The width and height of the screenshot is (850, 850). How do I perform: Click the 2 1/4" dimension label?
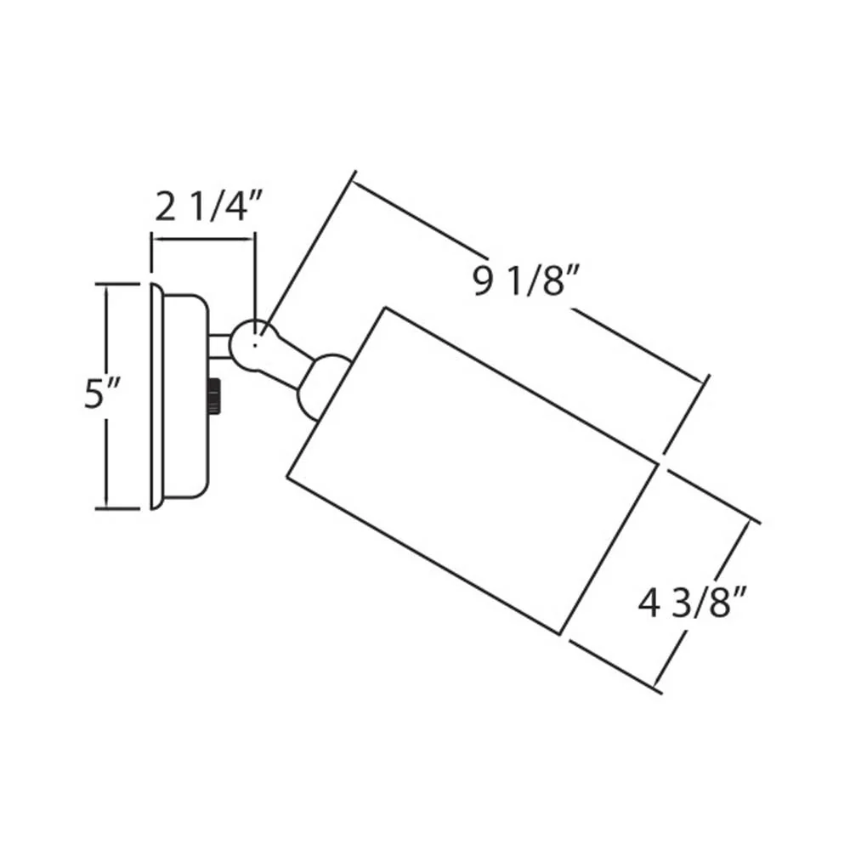coord(208,206)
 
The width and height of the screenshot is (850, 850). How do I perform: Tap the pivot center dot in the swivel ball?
coord(255,344)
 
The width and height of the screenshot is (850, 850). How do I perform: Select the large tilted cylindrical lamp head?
coord(473,470)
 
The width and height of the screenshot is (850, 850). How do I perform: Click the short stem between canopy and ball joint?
coord(219,347)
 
